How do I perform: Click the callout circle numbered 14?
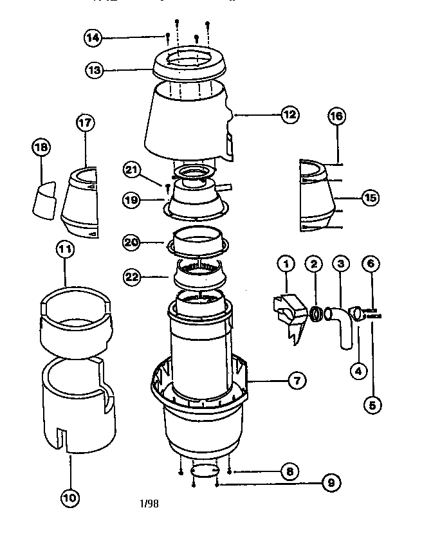93,38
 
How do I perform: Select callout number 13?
95,70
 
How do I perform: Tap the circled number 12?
289,115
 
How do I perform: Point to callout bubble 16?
336,116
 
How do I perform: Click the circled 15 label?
369,198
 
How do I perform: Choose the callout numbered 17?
85,123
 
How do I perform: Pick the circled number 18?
41,148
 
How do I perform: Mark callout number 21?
132,170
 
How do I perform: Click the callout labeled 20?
132,242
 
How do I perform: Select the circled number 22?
132,277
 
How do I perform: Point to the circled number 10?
70,496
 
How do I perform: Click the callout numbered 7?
296,381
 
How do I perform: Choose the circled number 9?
331,483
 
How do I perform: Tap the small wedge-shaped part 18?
45,200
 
